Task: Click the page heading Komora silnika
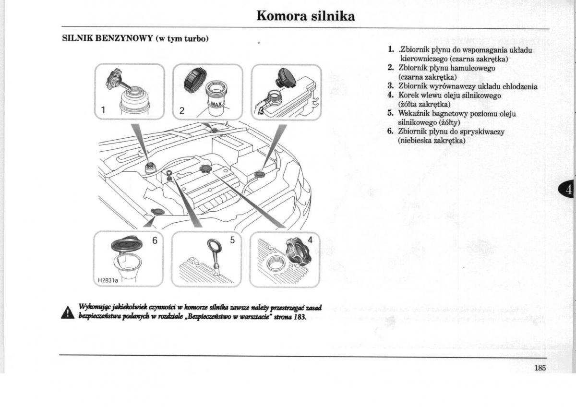pos(306,16)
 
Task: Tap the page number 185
pos(540,369)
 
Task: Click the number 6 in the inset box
pos(155,240)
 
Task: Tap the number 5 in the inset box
pos(233,240)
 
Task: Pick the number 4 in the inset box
pos(310,240)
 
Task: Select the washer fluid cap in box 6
pos(126,245)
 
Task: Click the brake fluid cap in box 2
pos(195,79)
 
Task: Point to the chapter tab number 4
pos(569,190)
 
